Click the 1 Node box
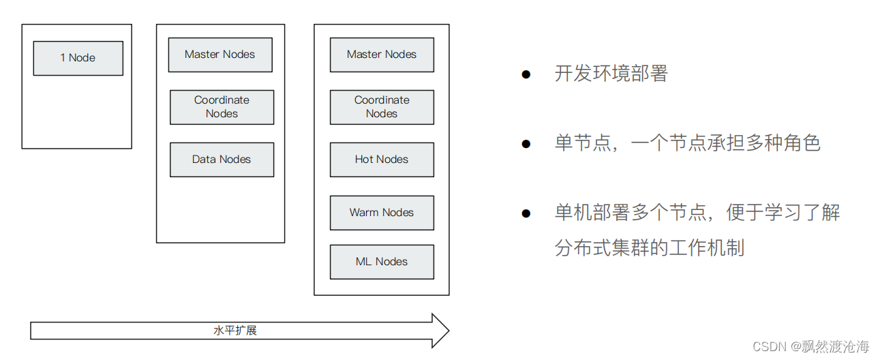click(78, 58)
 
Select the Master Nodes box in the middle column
click(220, 55)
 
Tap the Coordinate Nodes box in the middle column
click(222, 107)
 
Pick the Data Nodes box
click(222, 160)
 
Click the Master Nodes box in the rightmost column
click(382, 55)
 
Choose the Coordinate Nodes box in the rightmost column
click(382, 107)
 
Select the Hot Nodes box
click(382, 160)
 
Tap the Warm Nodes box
click(382, 212)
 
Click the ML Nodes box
click(382, 262)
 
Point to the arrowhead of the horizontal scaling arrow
click(440, 331)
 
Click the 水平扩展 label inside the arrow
click(235, 331)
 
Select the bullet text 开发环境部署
click(611, 74)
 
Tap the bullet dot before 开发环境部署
click(526, 74)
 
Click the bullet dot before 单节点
click(526, 144)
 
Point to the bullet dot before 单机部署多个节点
click(526, 213)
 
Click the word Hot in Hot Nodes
click(365, 160)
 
